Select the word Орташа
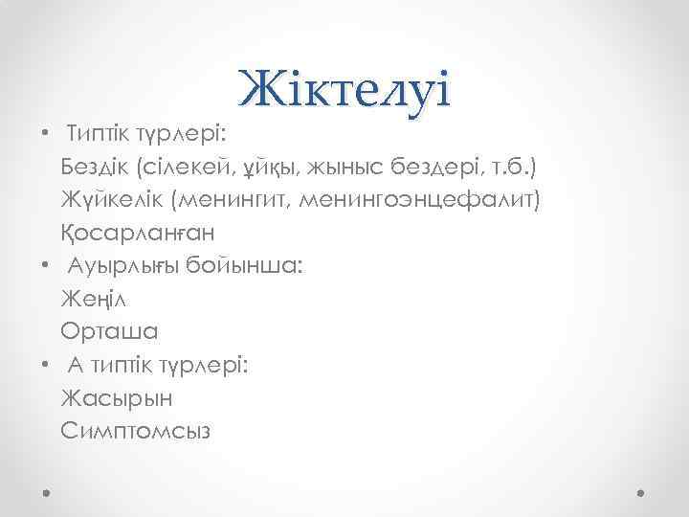point(109,332)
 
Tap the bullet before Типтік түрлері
point(46,134)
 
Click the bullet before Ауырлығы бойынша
point(46,266)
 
